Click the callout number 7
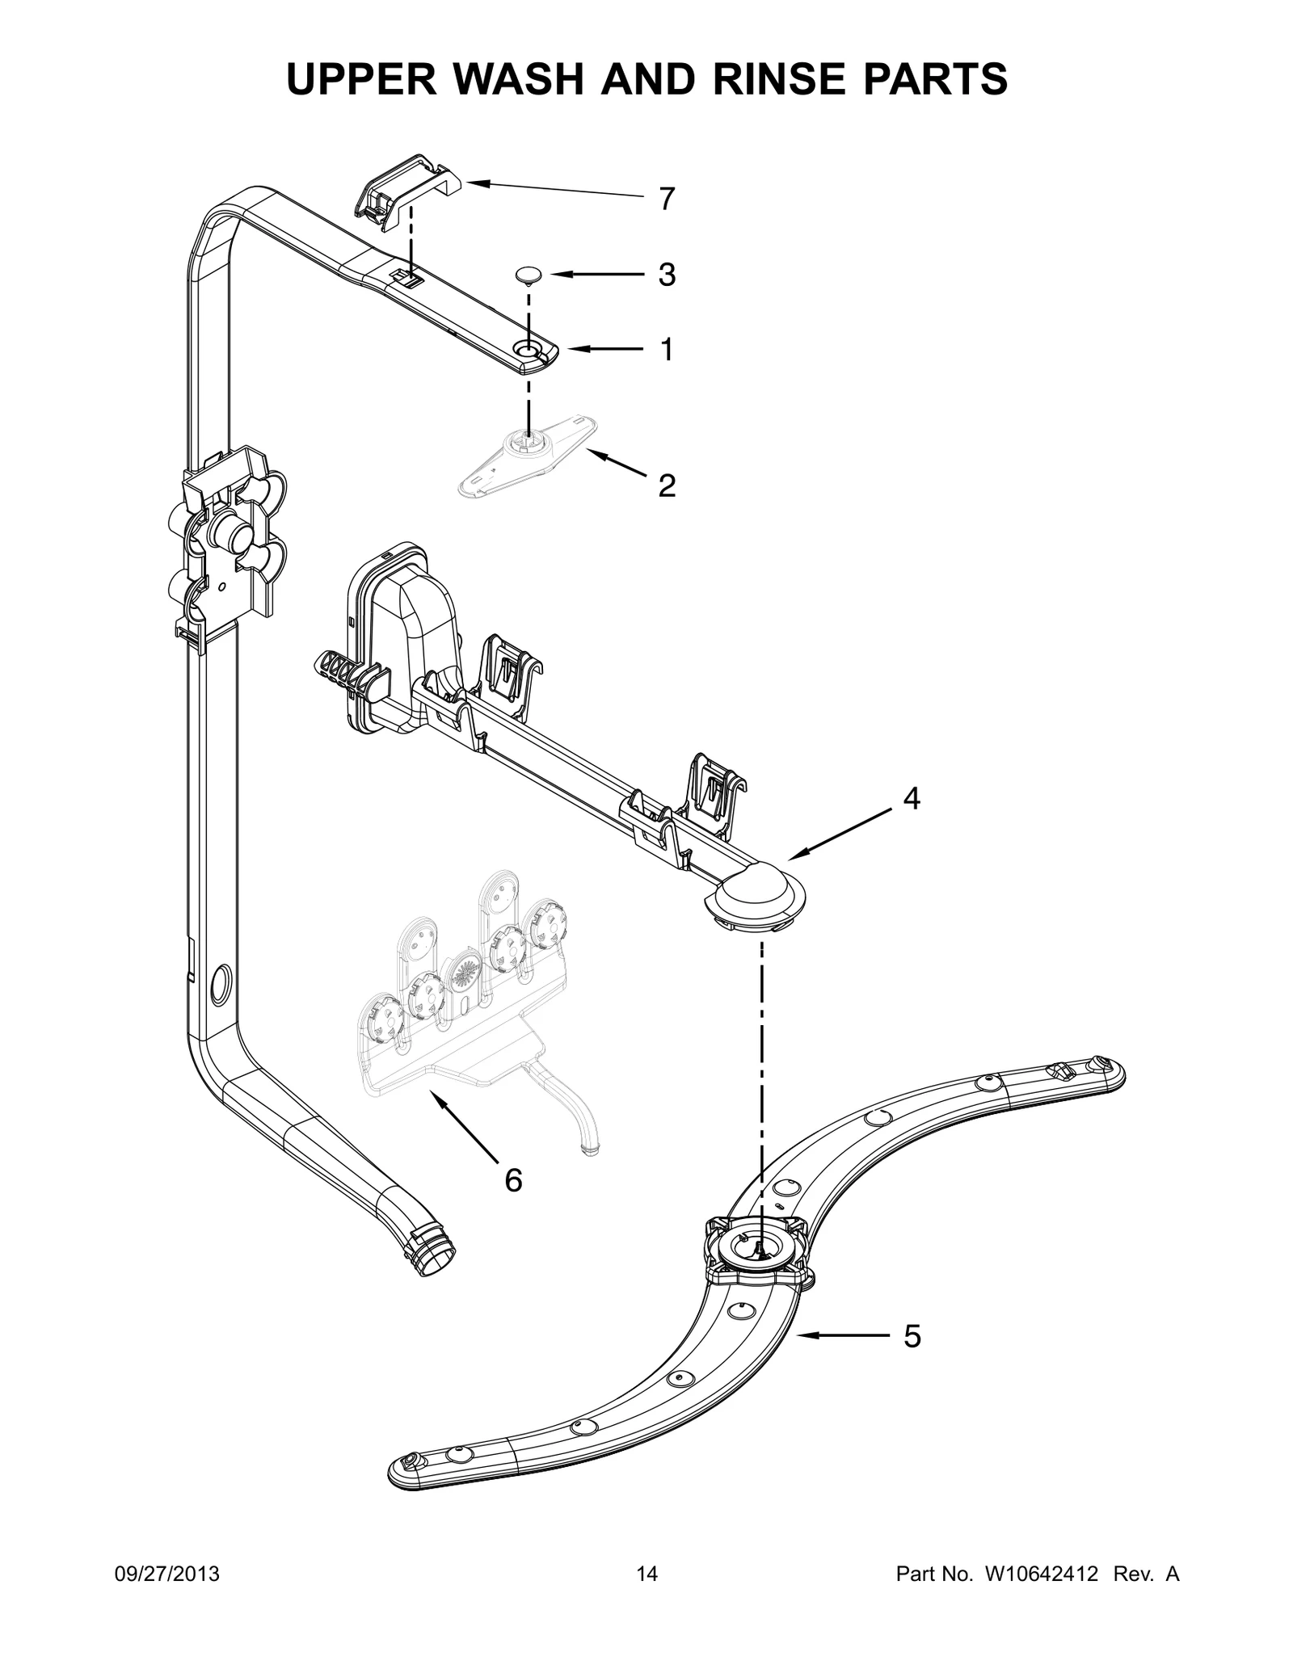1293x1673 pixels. [666, 199]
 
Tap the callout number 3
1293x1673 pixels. [666, 275]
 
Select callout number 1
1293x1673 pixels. [666, 350]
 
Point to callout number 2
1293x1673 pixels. [666, 486]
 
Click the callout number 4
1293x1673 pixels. [911, 798]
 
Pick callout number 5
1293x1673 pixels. [911, 1337]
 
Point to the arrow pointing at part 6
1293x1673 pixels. [464, 1127]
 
